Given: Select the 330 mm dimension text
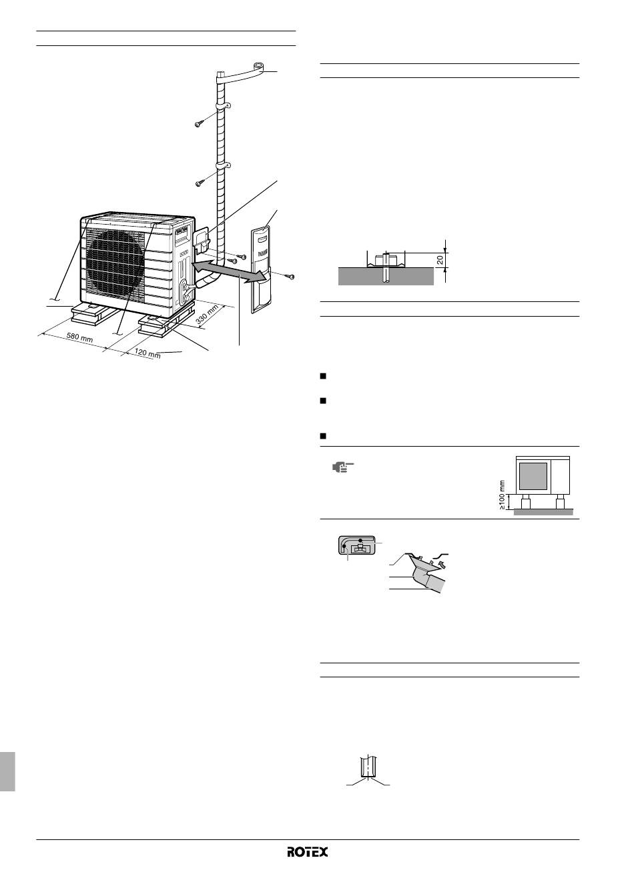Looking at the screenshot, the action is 207,314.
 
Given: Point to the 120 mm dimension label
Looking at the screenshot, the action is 147,353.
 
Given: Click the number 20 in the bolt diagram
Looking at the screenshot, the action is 440,260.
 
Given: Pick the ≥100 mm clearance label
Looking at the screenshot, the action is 502,495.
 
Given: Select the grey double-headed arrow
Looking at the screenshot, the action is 230,271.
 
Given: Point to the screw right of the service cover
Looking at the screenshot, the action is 288,276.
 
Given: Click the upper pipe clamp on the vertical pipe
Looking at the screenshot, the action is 224,107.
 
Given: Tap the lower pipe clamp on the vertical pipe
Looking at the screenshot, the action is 224,166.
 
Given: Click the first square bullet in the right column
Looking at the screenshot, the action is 323,375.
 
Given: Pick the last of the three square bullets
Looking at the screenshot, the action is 323,435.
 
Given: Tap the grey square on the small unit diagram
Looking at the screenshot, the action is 533,477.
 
